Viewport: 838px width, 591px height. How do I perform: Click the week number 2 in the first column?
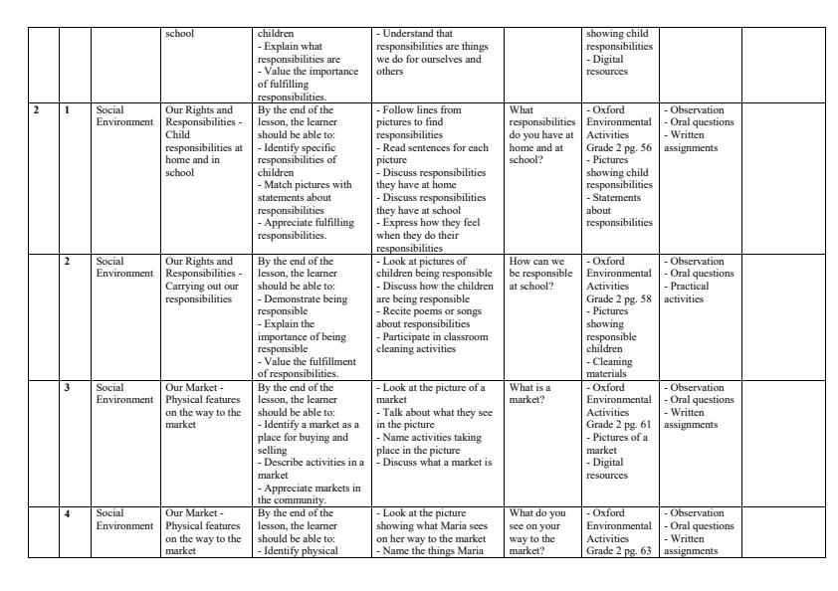tap(37, 110)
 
